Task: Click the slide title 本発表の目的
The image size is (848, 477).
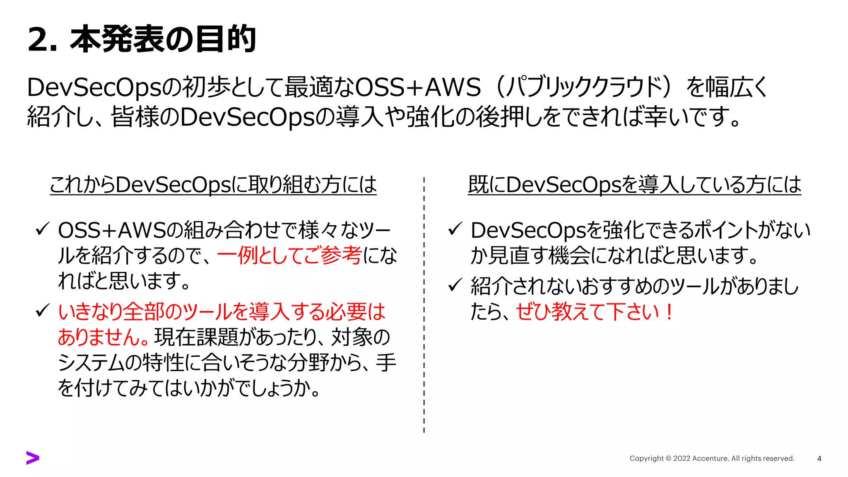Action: point(163,39)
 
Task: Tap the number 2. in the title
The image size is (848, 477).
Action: point(42,40)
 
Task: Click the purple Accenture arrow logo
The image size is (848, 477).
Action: point(33,458)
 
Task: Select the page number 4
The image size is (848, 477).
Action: point(819,458)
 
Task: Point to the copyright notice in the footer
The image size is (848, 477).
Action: point(712,458)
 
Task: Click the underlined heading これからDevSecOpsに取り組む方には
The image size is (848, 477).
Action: point(213,185)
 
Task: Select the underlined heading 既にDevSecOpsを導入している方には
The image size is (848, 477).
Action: point(634,185)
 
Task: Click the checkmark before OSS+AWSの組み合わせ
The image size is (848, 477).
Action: point(43,229)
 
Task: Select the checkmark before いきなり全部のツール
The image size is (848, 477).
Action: point(43,310)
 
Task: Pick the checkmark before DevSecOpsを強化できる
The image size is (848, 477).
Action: point(455,229)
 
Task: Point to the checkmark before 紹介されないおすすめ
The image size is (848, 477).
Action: point(455,285)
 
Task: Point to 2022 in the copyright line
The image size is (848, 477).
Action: point(682,458)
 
